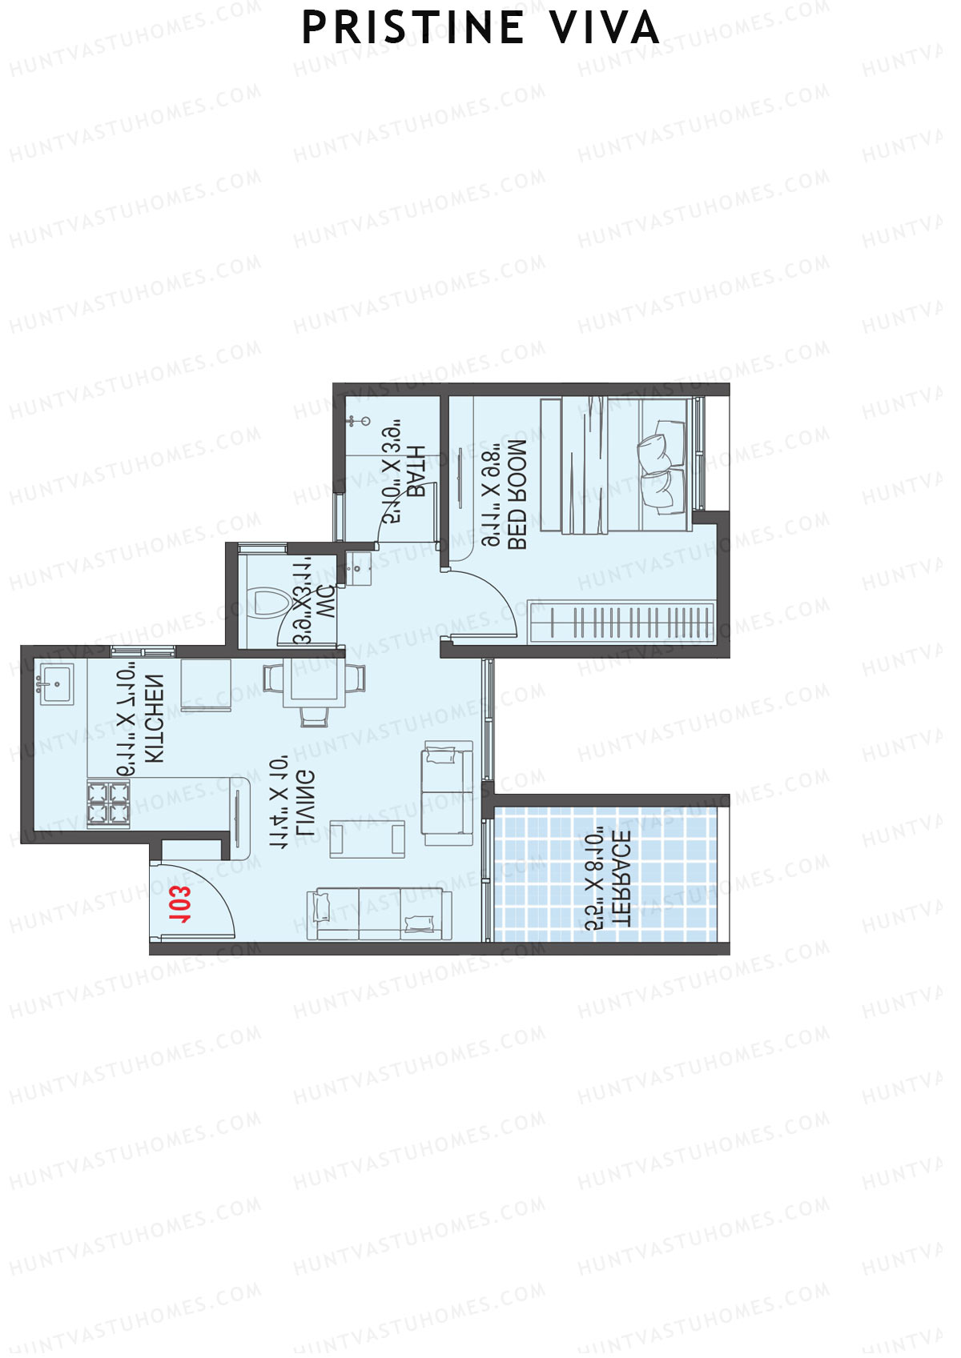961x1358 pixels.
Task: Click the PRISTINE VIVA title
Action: (480, 29)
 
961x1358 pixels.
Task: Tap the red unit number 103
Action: (180, 904)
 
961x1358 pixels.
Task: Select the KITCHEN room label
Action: (153, 718)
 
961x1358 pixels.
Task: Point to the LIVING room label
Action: (304, 803)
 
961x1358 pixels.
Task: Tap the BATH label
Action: (416, 472)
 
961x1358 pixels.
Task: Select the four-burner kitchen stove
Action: (108, 803)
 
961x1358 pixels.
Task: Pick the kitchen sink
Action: (56, 683)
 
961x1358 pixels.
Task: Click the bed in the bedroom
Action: (615, 465)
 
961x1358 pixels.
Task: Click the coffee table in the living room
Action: (368, 839)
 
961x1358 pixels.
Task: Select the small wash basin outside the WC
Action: (357, 567)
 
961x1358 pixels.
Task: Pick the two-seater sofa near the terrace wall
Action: (447, 792)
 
